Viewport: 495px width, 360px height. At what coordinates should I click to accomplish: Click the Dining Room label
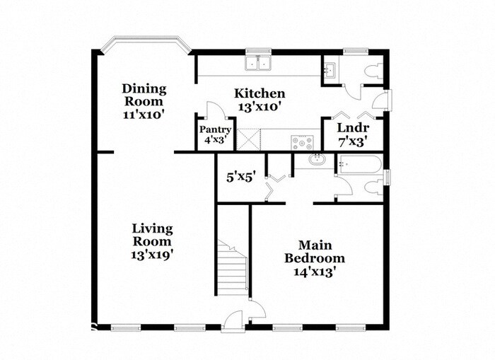(x=144, y=100)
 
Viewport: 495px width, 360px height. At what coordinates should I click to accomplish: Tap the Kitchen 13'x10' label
(x=260, y=100)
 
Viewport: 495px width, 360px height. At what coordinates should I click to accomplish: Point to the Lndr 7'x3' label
(x=350, y=134)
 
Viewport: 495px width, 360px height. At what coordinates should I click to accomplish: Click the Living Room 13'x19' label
(x=152, y=240)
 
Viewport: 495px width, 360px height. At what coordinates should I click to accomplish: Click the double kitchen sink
(x=260, y=64)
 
